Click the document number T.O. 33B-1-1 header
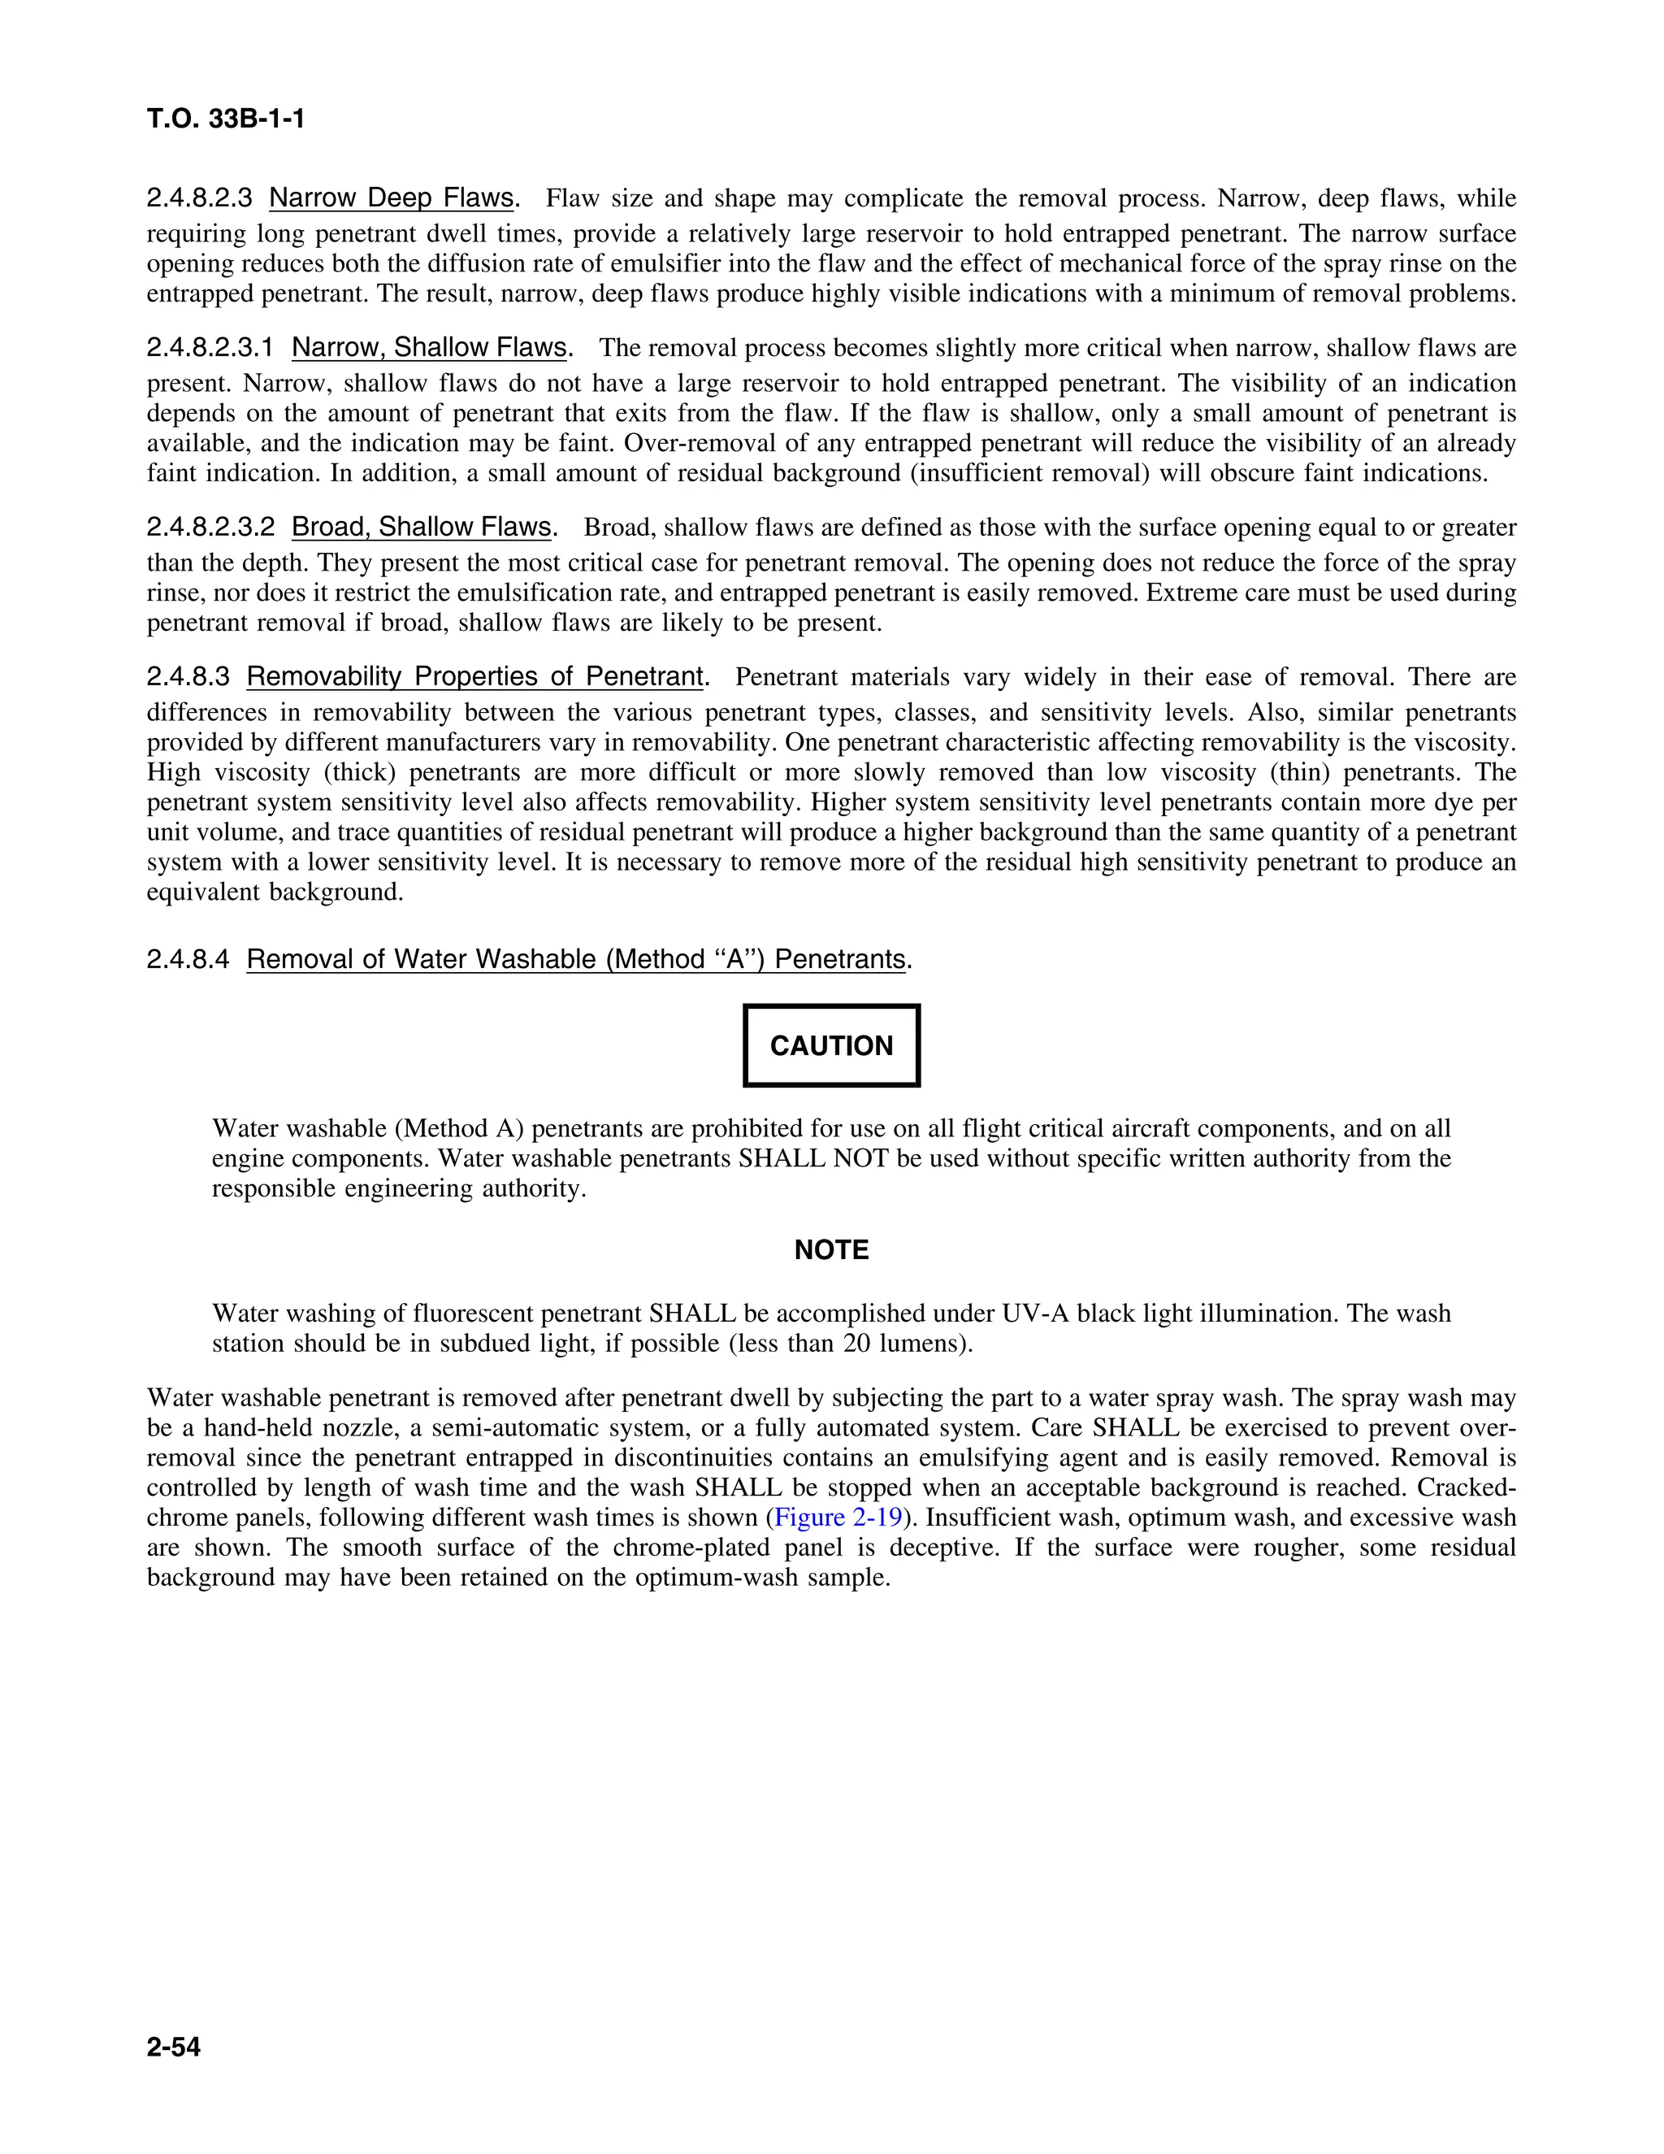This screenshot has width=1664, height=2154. (x=226, y=119)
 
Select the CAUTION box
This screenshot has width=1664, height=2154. (x=831, y=1045)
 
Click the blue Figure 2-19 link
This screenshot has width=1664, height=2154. (x=838, y=1517)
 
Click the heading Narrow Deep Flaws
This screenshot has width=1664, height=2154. (x=392, y=198)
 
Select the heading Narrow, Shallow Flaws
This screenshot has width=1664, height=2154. (x=430, y=347)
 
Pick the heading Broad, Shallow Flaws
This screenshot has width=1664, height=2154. (x=422, y=527)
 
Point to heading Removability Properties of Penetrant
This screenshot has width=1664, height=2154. (x=475, y=676)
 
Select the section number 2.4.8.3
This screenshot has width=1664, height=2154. (x=188, y=676)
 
